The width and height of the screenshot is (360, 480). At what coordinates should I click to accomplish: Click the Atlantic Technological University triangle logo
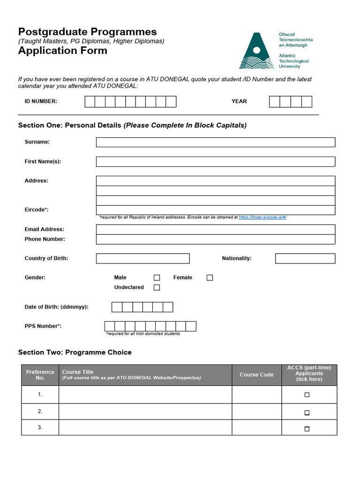(256, 52)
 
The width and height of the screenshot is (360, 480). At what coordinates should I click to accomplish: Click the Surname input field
(215, 142)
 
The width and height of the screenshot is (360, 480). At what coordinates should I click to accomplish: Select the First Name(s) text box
(215, 162)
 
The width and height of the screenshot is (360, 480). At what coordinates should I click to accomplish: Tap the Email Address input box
(215, 229)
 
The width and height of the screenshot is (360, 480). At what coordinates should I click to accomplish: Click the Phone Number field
(215, 239)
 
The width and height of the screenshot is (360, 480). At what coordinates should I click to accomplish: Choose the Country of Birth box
(142, 258)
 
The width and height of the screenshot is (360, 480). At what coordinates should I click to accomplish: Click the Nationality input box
(305, 258)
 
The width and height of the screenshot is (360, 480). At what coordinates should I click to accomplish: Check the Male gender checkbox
(157, 277)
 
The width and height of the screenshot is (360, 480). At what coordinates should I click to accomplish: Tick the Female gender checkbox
(210, 277)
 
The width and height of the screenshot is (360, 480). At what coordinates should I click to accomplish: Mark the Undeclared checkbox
(157, 287)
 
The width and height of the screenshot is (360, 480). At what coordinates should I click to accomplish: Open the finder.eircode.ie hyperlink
(262, 217)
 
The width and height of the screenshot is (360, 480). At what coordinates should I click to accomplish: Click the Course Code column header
(256, 375)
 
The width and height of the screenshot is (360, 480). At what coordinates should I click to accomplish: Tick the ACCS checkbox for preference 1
(307, 395)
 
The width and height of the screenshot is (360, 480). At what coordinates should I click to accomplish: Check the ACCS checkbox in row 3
(307, 428)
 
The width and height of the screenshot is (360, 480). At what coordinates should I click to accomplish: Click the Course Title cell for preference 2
(145, 412)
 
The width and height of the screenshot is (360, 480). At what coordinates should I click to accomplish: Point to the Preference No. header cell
(40, 375)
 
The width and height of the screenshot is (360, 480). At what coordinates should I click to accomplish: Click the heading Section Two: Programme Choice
(75, 352)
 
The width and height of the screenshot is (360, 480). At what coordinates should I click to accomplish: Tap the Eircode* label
(37, 210)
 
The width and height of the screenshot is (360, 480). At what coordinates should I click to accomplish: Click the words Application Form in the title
(62, 51)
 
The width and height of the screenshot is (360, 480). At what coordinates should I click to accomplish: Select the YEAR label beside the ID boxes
(239, 101)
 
